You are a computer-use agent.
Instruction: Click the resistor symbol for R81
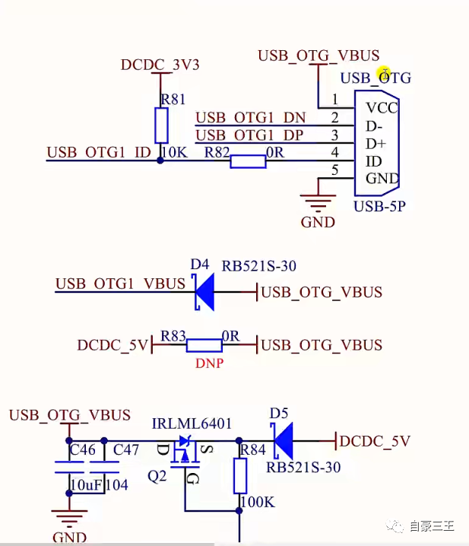point(161,125)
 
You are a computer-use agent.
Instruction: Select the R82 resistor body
point(248,161)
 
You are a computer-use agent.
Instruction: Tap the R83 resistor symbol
point(204,345)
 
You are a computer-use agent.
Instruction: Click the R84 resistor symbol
point(240,477)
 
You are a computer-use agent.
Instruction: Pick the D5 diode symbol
point(284,441)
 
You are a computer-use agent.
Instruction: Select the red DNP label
point(209,363)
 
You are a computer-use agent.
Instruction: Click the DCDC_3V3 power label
point(160,65)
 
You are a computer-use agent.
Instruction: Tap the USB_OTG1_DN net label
point(250,118)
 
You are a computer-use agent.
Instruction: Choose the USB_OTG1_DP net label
point(250,135)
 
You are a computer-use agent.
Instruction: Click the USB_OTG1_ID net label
point(99,153)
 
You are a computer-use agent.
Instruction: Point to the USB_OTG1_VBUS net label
point(120,284)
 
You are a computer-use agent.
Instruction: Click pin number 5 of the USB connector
point(334,171)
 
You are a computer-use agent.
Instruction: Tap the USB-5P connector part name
point(379,206)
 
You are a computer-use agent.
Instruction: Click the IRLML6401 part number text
point(192,424)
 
